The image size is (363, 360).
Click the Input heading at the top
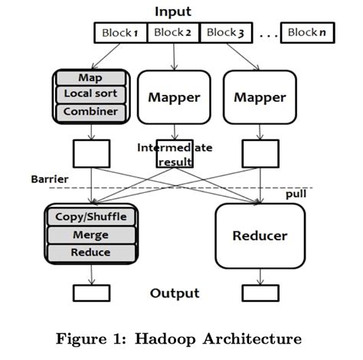click(x=172, y=11)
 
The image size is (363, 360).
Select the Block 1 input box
click(x=120, y=33)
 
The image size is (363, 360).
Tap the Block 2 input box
click(x=173, y=33)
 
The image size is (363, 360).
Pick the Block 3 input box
click(x=226, y=33)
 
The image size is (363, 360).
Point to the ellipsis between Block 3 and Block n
click(x=267, y=35)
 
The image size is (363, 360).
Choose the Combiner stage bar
click(x=90, y=112)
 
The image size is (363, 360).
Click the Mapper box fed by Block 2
click(x=174, y=97)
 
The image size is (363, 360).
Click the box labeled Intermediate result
click(x=174, y=154)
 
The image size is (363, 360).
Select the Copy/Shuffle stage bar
click(x=91, y=217)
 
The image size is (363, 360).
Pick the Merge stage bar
click(x=91, y=234)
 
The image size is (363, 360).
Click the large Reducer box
click(x=260, y=235)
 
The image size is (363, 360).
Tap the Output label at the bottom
click(x=175, y=293)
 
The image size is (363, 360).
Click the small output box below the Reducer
click(x=259, y=293)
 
